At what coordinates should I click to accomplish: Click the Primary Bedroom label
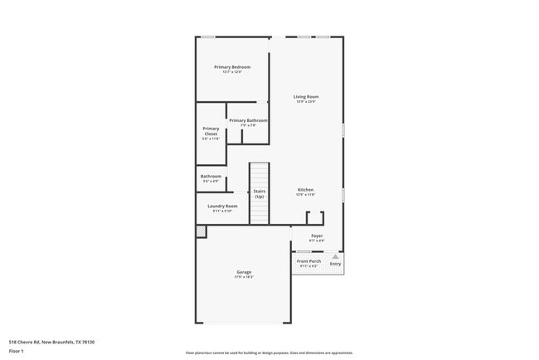click(x=232, y=67)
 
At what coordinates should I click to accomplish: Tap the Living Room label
click(x=306, y=97)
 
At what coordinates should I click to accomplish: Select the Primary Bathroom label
click(x=248, y=120)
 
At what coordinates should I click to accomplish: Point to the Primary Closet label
click(x=211, y=131)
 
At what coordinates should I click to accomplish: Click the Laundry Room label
click(x=222, y=206)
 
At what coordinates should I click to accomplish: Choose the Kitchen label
click(x=305, y=190)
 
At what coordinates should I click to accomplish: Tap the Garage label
click(x=244, y=272)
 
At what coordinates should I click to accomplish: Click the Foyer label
click(x=317, y=236)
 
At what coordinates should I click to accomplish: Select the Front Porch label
click(x=309, y=261)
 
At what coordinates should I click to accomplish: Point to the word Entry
click(x=335, y=264)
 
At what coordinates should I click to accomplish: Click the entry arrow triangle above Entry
click(x=335, y=257)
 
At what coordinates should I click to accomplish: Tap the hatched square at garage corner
click(x=201, y=231)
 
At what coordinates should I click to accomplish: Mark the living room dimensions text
click(x=306, y=102)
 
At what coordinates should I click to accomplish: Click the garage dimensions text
click(x=244, y=277)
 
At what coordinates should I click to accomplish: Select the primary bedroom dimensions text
click(x=232, y=72)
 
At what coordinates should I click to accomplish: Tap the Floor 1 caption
click(x=17, y=351)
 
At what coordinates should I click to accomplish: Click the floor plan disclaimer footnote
click(x=269, y=353)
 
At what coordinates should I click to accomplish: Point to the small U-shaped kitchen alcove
click(x=314, y=218)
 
